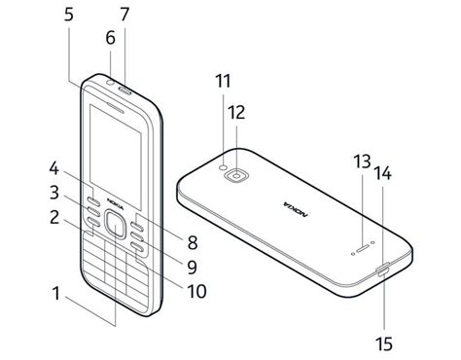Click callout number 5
(x=69, y=15)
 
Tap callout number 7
(x=124, y=15)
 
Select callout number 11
(x=223, y=81)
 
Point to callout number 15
(x=384, y=343)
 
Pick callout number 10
(x=196, y=291)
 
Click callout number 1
(x=56, y=293)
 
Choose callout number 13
(x=362, y=162)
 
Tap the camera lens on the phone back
(x=238, y=175)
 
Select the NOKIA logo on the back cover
(x=296, y=209)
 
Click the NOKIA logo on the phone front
(x=116, y=203)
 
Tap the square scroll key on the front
(x=115, y=225)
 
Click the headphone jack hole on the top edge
(x=111, y=82)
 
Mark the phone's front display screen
(x=116, y=157)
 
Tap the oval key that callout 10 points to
(x=137, y=247)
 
